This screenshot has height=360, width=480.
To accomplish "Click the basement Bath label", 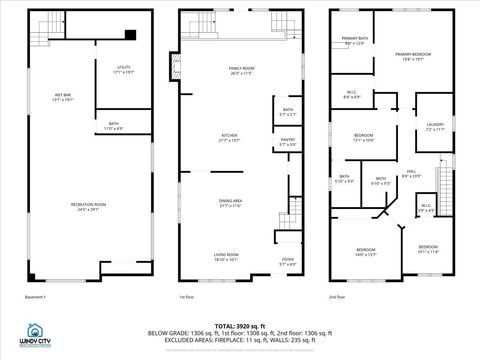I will click(114, 126).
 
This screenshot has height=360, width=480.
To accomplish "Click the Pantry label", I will click(287, 142).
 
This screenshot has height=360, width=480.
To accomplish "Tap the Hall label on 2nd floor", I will click(411, 173).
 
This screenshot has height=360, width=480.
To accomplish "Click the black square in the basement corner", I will click(130, 33).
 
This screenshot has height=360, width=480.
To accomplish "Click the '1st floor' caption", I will click(186, 297).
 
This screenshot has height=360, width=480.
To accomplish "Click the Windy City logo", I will click(36, 335).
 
